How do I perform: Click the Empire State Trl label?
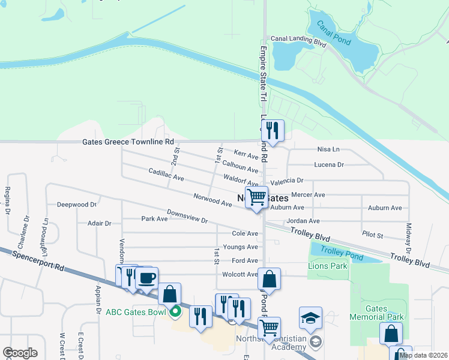(x=262, y=75)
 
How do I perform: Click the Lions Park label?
(x=327, y=265)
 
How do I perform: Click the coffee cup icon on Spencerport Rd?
(x=146, y=278)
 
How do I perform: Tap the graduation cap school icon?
(x=310, y=318)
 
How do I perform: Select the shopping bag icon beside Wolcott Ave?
(x=270, y=279)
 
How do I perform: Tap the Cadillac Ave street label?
(x=166, y=175)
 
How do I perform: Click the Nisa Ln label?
(x=328, y=149)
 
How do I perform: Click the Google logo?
(x=20, y=353)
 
